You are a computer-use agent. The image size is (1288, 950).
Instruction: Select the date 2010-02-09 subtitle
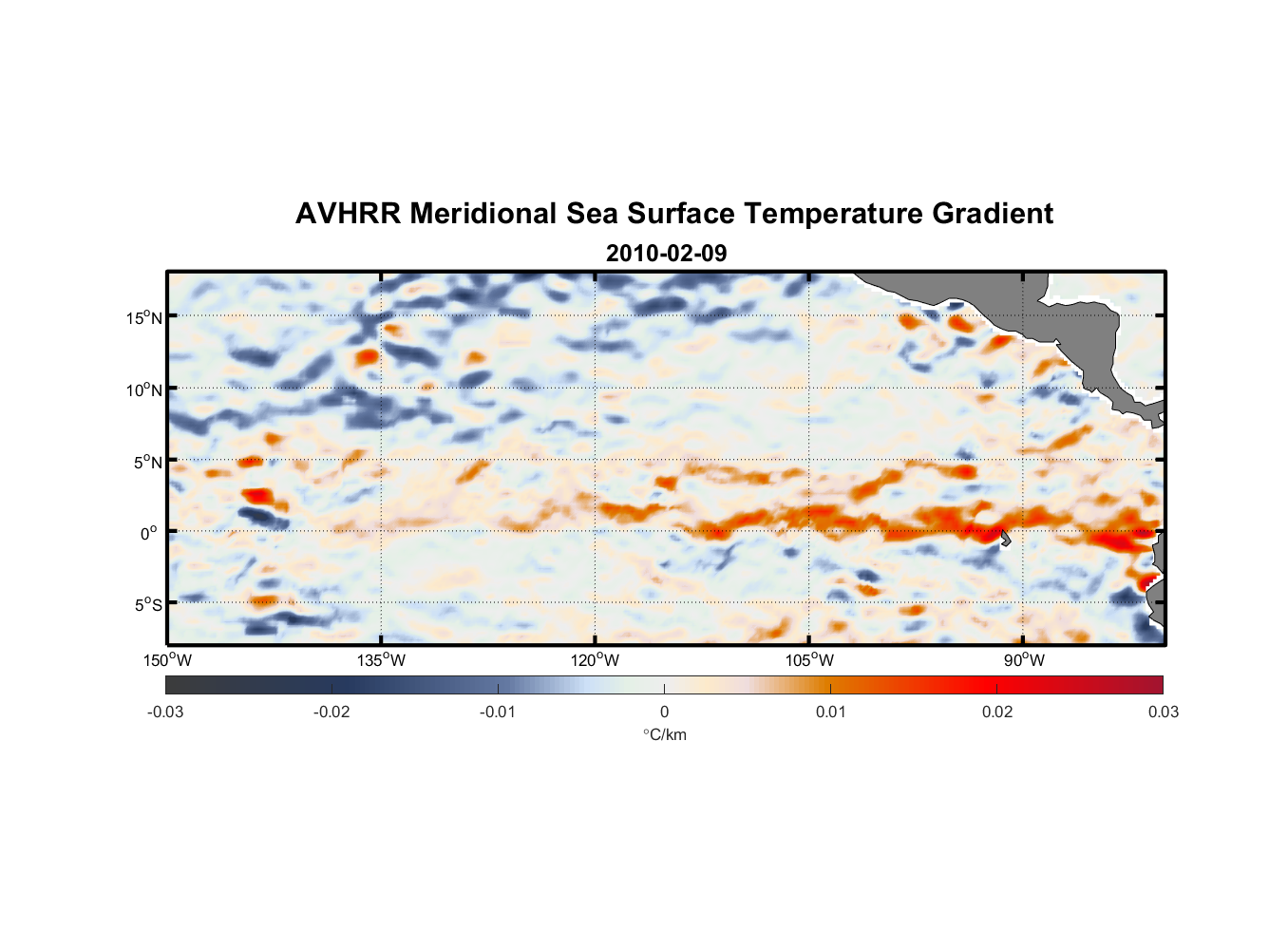click(x=666, y=254)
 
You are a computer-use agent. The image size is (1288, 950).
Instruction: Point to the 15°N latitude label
click(x=144, y=317)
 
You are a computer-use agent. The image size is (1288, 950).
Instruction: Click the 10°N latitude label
click(x=144, y=389)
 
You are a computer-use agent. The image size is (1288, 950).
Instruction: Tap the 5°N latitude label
click(x=147, y=462)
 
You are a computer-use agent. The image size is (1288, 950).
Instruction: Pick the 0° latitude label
click(x=149, y=533)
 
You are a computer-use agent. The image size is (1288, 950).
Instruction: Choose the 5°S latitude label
click(x=147, y=605)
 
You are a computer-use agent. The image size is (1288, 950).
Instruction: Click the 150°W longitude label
click(x=167, y=660)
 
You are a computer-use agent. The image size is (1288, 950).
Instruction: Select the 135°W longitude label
click(x=381, y=660)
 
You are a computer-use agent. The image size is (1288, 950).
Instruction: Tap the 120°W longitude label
click(x=595, y=660)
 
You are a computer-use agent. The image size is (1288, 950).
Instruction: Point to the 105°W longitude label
click(x=809, y=660)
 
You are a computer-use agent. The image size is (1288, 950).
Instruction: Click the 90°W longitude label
click(x=1023, y=660)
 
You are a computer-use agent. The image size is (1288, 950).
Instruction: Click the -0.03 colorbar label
click(x=165, y=712)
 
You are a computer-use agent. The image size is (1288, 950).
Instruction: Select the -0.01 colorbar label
click(x=498, y=712)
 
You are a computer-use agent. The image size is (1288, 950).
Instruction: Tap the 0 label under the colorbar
click(x=664, y=712)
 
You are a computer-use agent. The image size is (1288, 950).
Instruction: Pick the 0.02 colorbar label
click(x=997, y=712)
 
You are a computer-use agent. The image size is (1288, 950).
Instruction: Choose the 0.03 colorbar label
click(x=1163, y=712)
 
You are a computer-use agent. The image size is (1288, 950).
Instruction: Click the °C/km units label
click(x=664, y=734)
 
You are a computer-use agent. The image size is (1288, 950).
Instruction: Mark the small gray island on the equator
click(x=1005, y=539)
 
